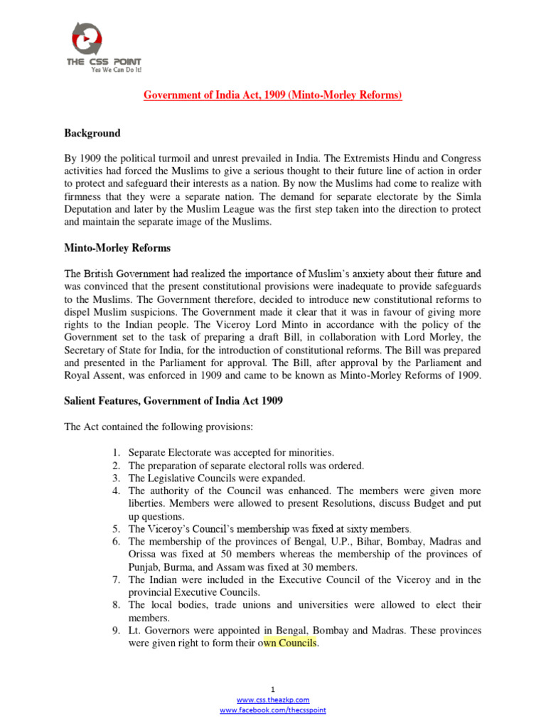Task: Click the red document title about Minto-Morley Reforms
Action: [273, 95]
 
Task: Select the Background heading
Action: [92, 133]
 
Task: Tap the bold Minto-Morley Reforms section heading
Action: [117, 248]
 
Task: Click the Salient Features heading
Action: [173, 401]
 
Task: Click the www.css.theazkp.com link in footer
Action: [273, 700]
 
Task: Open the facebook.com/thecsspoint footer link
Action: [273, 710]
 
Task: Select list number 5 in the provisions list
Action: [116, 529]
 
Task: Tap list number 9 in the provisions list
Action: [116, 631]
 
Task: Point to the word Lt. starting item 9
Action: [134, 631]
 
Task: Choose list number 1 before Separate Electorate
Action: [116, 452]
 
